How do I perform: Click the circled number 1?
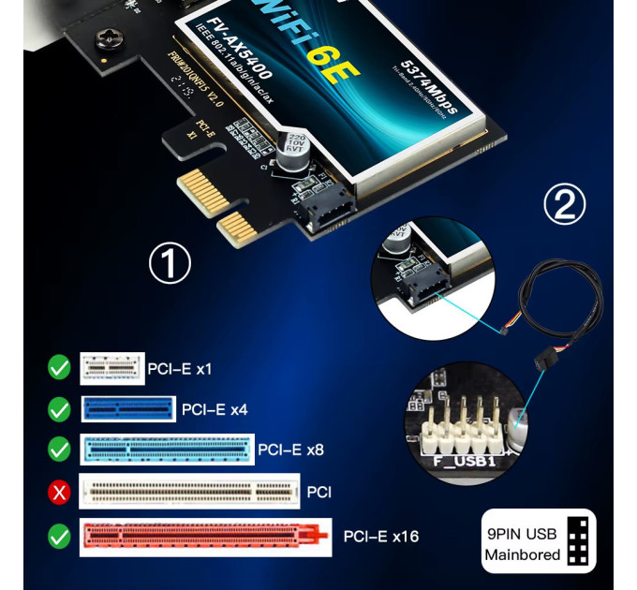pos(170,264)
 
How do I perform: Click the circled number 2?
pos(565,205)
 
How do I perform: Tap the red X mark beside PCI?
pos(59,490)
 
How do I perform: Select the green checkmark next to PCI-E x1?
pos(59,368)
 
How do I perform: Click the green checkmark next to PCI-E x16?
pos(59,537)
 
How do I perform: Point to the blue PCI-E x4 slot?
pos(127,409)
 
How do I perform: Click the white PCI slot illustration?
pos(190,490)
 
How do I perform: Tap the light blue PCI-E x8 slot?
pos(167,450)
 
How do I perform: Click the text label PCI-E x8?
pos(290,450)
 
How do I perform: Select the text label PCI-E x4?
pos(215,409)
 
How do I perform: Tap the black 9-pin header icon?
pos(581,542)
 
